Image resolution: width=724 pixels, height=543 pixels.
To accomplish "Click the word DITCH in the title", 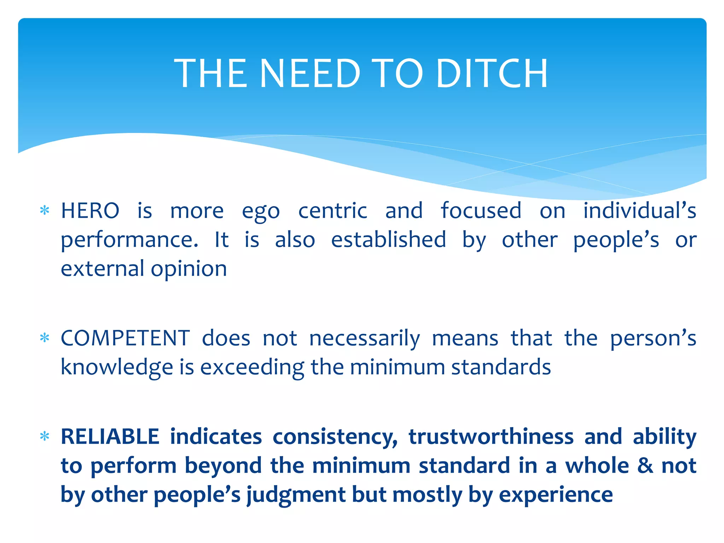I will pos(492,74).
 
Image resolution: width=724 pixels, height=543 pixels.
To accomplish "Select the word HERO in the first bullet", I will pos(90,211).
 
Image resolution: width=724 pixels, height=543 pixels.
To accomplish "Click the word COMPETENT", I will pos(125,338).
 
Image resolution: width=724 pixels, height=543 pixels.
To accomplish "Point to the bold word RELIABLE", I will pos(110,437).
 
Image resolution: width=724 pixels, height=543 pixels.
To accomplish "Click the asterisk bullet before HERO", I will pos(45,211).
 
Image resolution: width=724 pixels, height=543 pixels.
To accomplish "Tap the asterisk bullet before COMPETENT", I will pos(45,338).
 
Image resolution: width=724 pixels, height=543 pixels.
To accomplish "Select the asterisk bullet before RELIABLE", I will pos(45,437).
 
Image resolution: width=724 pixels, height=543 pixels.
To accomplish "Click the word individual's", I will pos(640,211).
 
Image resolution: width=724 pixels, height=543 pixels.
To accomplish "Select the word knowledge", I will pos(117,367).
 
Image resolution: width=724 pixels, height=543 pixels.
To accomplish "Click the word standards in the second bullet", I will pos(501,367).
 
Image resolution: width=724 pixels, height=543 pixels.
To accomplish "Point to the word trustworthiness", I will pos(491,437).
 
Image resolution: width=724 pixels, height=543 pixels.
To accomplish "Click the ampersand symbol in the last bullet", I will pos(645,466).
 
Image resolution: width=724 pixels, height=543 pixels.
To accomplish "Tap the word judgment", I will pos(296,495).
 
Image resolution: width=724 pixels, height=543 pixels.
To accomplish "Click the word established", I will pos(389,240).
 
